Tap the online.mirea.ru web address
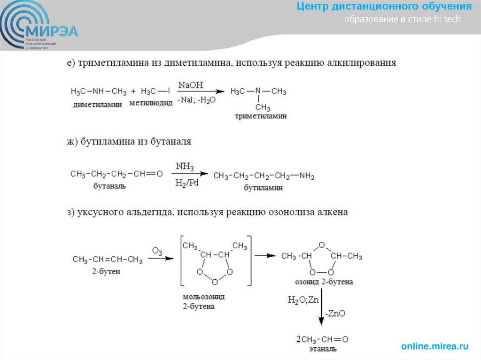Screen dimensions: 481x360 pos(435,346)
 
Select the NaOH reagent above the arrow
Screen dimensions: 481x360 pos(190,85)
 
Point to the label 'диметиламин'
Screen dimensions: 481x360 pos(97,105)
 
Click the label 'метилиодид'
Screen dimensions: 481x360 pos(151,104)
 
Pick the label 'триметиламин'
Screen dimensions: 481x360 pos(261,116)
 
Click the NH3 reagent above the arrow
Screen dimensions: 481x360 pos(185,167)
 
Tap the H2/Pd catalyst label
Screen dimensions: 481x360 pos(186,183)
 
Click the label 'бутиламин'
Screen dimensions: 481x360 pos(263,188)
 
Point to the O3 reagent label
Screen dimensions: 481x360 pos(157,252)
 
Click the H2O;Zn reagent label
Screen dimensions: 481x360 pos(304,299)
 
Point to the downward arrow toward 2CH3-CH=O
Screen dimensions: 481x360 pos(321,310)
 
